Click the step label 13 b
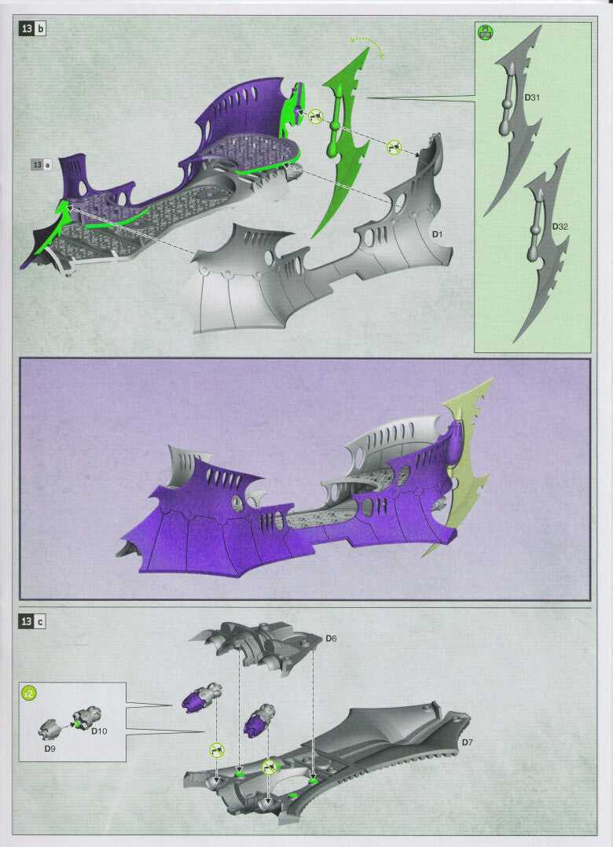tap(32, 28)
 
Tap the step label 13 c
tap(32, 621)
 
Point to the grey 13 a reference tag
tap(42, 164)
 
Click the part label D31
tap(532, 98)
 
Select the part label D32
tap(560, 226)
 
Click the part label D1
tap(437, 234)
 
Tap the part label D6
tap(331, 639)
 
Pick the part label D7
tap(467, 742)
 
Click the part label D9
tap(50, 749)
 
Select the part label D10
tap(99, 731)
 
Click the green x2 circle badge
tap(28, 693)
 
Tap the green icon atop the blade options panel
tap(486, 33)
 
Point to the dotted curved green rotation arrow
tap(367, 39)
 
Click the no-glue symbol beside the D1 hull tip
tap(395, 147)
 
